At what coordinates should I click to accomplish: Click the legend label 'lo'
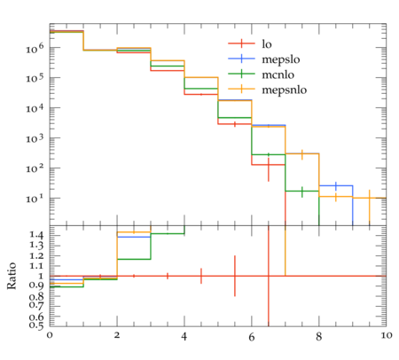tap(267, 44)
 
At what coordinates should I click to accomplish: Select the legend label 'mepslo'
tap(281, 59)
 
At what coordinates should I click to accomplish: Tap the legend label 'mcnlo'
tap(278, 74)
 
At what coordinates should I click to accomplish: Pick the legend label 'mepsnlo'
tap(285, 90)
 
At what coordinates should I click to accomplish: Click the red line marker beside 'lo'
tap(241, 43)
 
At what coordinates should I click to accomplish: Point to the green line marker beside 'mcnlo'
tap(241, 73)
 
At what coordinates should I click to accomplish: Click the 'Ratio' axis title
tap(12, 276)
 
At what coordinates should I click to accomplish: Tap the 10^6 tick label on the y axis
tap(35, 48)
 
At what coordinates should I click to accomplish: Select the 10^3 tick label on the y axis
tap(35, 138)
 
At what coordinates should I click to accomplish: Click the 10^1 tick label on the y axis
tap(35, 199)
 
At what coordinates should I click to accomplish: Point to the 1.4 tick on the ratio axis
tap(36, 235)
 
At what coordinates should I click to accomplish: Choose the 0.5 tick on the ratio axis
tap(36, 325)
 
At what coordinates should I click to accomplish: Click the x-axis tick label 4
tap(184, 337)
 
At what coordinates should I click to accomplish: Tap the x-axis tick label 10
tap(387, 335)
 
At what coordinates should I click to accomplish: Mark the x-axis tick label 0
tap(50, 335)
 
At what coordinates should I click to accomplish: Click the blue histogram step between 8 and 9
tap(336, 185)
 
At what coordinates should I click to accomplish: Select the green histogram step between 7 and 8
tap(302, 191)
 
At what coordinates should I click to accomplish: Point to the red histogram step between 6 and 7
tap(269, 165)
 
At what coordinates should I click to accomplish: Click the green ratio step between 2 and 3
tap(134, 259)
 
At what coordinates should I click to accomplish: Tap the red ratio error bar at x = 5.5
tap(235, 276)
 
